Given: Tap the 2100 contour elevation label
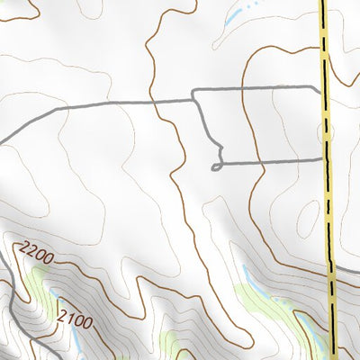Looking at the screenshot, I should [74, 317].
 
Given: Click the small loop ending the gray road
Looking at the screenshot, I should [216, 166].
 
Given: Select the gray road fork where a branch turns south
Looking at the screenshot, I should [193, 93].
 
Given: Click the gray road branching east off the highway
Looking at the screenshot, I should [346, 269].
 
